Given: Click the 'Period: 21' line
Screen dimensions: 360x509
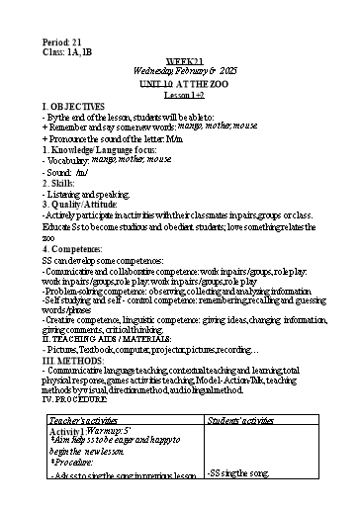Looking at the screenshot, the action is [x=60, y=40].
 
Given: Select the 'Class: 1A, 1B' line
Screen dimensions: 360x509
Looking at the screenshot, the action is [x=66, y=49].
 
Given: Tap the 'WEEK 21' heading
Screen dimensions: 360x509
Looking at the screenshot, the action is [x=179, y=61].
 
